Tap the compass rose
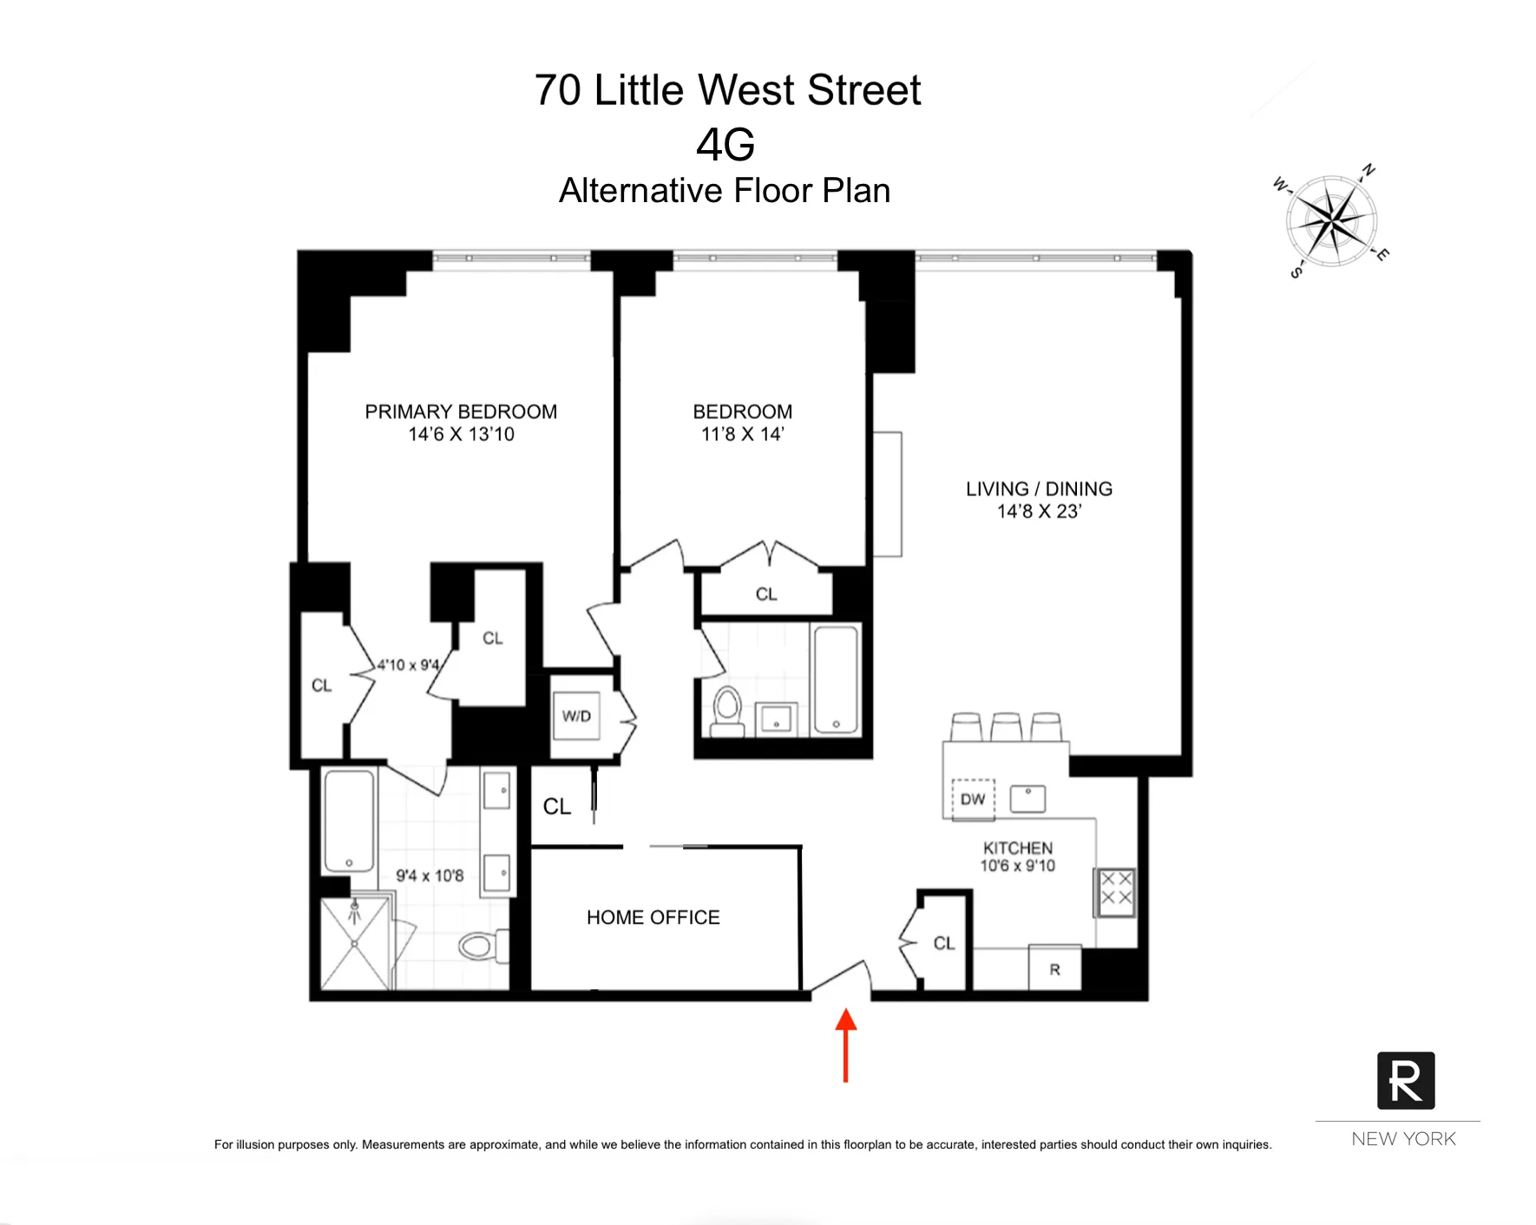[1330, 220]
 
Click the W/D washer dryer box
[576, 716]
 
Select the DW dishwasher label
[973, 799]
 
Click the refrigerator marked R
[1054, 968]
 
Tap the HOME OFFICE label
[653, 917]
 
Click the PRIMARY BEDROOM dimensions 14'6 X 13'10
[461, 435]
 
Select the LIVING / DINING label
[1039, 488]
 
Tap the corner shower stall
[355, 944]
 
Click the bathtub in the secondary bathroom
[837, 680]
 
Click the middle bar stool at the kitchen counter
[1007, 726]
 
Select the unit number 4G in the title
[725, 144]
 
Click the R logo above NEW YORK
[1405, 1080]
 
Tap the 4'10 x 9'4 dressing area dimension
[408, 665]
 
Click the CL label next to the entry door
[944, 943]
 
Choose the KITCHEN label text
[1017, 848]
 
